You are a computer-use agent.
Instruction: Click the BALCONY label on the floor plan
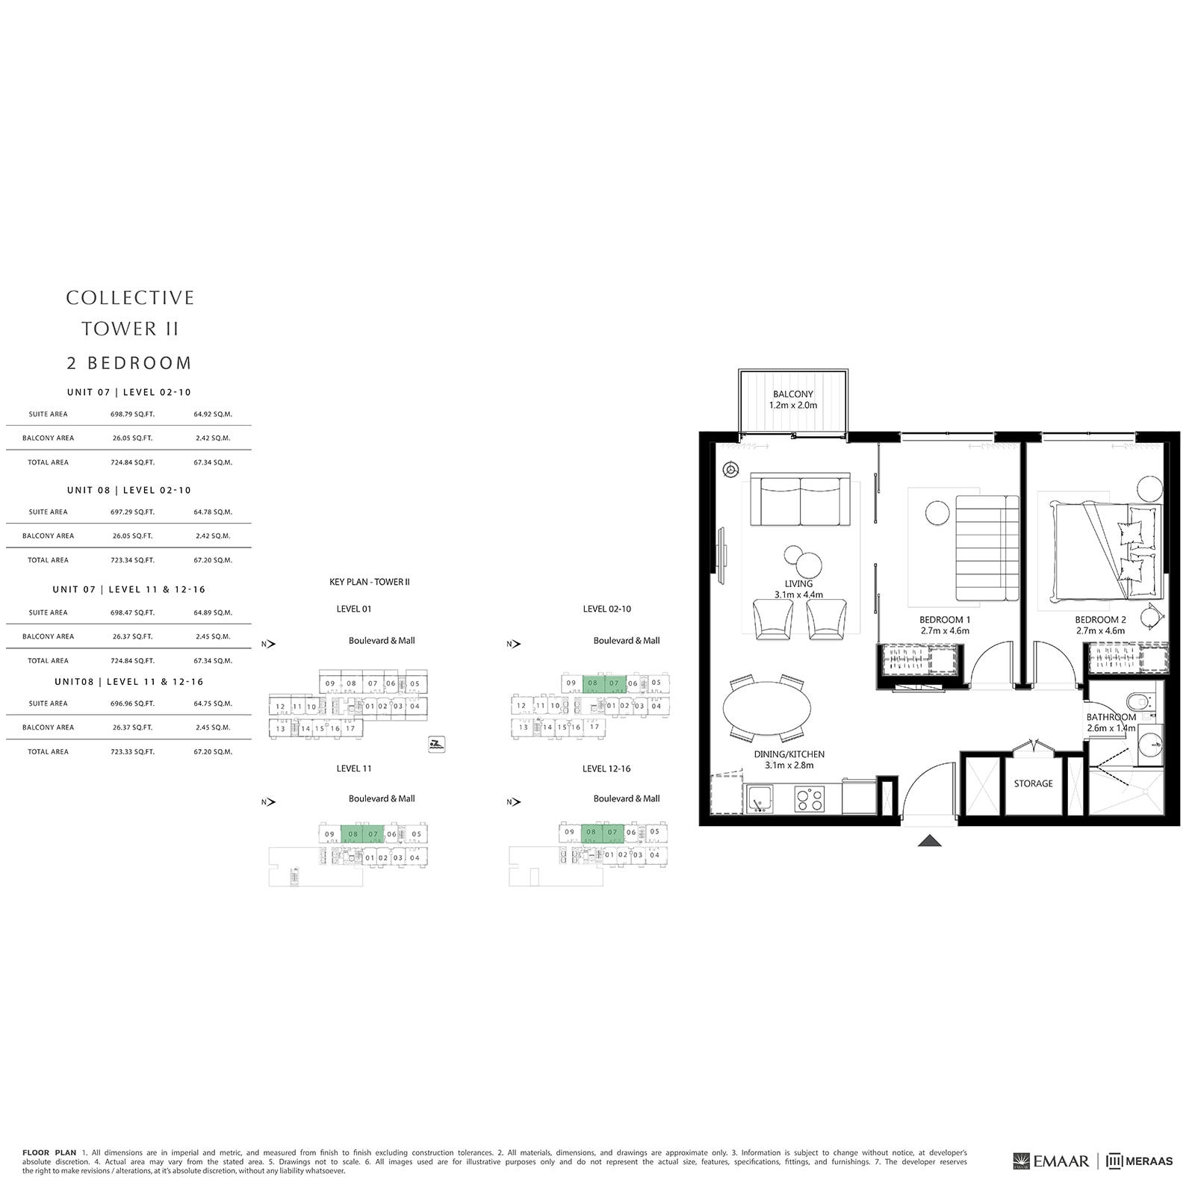[792, 394]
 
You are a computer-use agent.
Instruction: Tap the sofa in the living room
[800, 500]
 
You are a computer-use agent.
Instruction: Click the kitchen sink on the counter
[760, 799]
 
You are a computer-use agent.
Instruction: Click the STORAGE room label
[1033, 783]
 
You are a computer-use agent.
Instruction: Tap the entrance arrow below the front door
[929, 841]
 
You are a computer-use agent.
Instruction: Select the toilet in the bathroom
[1138, 701]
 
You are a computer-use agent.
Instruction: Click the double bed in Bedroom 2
[1105, 551]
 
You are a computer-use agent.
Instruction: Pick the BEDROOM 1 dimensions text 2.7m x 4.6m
[945, 630]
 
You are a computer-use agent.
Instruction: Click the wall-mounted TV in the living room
[721, 556]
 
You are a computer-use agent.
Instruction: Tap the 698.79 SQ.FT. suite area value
[132, 414]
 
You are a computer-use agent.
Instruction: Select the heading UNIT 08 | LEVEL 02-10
[128, 490]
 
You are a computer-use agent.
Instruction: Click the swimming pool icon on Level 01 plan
[437, 744]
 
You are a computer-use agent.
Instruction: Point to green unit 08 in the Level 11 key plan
[352, 834]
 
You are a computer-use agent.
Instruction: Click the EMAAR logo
[1051, 1161]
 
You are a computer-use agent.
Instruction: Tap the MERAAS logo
[1139, 1161]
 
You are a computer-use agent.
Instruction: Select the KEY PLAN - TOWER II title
[369, 582]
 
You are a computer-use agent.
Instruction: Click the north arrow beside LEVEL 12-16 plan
[514, 802]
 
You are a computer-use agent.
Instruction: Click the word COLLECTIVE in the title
[130, 297]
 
